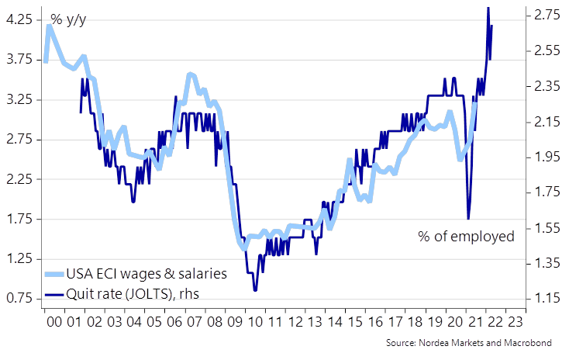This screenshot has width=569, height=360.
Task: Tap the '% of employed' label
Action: tap(466, 236)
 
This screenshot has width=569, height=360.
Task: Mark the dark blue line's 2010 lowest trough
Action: tap(255, 289)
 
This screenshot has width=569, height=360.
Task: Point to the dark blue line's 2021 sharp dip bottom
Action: tap(468, 218)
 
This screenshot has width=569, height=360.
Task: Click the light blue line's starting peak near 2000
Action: tap(49, 26)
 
